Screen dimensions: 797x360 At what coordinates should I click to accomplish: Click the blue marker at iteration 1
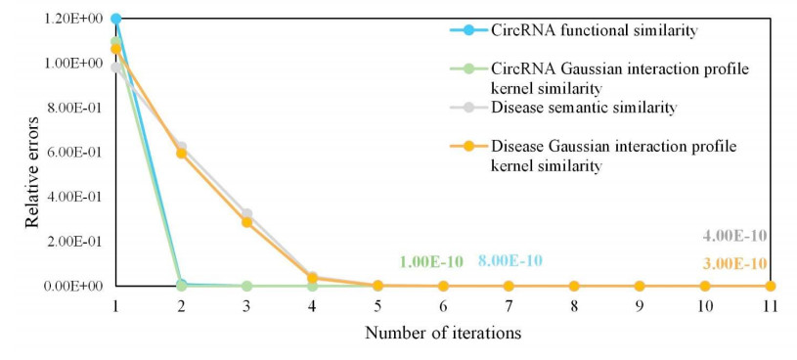point(116,19)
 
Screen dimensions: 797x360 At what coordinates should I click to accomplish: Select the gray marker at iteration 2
point(181,147)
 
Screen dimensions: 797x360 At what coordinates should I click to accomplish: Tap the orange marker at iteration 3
point(247,222)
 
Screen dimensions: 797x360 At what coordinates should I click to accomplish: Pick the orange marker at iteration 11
point(770,287)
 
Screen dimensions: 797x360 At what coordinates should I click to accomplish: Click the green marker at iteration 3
point(247,287)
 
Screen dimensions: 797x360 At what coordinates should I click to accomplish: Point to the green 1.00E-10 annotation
point(431,262)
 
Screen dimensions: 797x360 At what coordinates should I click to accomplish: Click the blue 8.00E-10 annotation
point(509,261)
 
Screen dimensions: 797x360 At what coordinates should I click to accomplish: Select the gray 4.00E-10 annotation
point(734,236)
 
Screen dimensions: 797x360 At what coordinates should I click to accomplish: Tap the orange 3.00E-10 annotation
point(734,264)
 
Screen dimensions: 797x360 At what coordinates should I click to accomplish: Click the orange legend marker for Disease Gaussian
point(468,147)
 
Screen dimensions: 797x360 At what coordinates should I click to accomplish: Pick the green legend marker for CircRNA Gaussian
point(468,69)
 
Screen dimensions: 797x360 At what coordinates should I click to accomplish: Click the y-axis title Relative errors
point(32,172)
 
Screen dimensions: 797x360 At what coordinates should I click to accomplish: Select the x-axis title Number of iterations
point(443,333)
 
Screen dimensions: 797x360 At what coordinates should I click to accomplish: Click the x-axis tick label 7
point(509,306)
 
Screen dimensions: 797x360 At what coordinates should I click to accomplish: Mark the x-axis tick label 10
point(704,306)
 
